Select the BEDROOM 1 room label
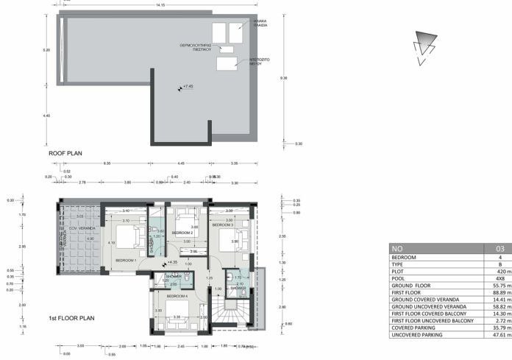point(126,260)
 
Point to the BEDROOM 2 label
point(182,233)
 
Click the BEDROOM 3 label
point(234,225)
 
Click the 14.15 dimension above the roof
point(160,5)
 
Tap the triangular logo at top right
point(424,45)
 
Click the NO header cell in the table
point(397,249)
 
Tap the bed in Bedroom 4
point(177,308)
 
